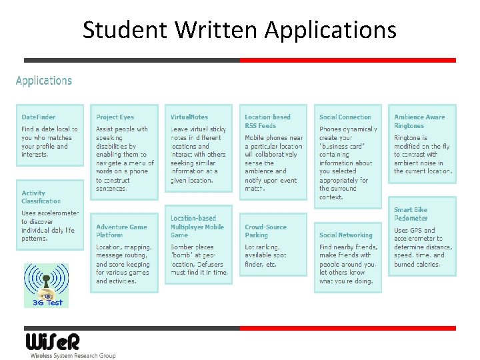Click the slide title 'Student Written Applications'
(x=239, y=29)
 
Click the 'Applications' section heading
(x=44, y=81)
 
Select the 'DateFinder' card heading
(x=39, y=117)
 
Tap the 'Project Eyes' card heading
(x=115, y=117)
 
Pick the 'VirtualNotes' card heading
(x=189, y=117)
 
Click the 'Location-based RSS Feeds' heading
(x=267, y=121)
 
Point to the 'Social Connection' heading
(x=345, y=117)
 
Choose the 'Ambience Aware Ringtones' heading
(x=419, y=121)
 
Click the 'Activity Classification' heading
(x=41, y=197)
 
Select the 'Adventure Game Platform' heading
(x=121, y=231)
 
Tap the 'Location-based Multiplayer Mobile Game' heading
(x=197, y=226)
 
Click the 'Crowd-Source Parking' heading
(x=266, y=231)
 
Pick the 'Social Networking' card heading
(x=345, y=235)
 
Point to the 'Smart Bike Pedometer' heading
(x=411, y=213)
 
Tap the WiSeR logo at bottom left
(x=53, y=341)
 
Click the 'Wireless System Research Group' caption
(x=73, y=356)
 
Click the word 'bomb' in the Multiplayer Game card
(x=181, y=255)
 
